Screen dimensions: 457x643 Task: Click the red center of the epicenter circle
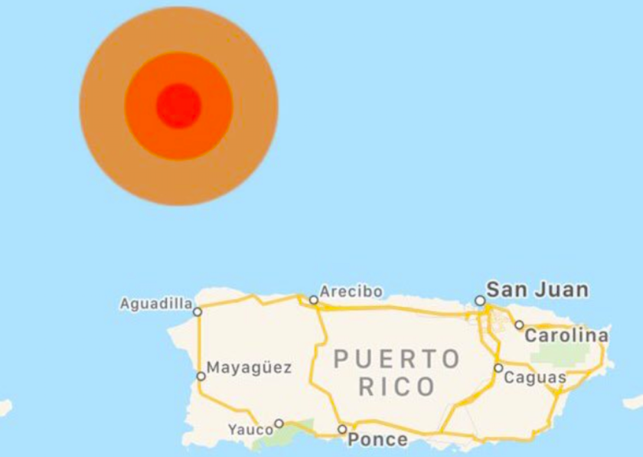click(x=178, y=106)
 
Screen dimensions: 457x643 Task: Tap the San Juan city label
click(x=537, y=289)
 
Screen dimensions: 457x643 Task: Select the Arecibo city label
click(x=351, y=292)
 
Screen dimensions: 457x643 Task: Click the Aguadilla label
click(x=155, y=304)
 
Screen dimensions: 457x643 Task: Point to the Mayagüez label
click(x=249, y=368)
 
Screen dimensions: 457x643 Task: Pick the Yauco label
click(x=250, y=430)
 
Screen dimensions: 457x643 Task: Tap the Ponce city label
click(x=377, y=439)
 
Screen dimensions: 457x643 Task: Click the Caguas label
click(x=535, y=377)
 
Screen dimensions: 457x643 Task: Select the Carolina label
click(x=566, y=336)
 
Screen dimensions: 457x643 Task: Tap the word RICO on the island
click(x=397, y=387)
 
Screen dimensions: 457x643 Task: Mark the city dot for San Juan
click(x=480, y=301)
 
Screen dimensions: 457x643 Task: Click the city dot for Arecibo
click(x=314, y=300)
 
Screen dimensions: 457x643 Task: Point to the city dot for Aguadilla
click(x=197, y=312)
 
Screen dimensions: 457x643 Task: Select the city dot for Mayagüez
click(x=201, y=376)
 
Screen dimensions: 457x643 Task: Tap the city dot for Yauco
click(x=279, y=423)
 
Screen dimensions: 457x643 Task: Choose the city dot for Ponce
click(x=342, y=429)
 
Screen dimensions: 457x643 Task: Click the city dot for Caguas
click(x=498, y=368)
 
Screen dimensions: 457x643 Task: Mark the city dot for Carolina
click(x=519, y=325)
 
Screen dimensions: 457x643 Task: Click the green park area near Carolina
click(x=563, y=353)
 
